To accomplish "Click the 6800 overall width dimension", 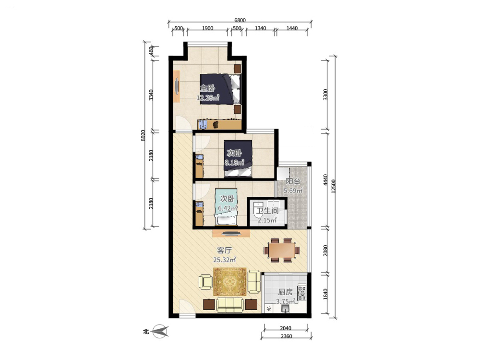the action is [x=240, y=20].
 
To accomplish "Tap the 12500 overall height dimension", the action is [x=334, y=186].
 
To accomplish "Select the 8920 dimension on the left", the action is [x=143, y=135].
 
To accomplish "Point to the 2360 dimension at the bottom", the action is [x=286, y=336].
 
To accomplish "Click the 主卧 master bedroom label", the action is [x=207, y=88].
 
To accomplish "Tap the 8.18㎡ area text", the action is [x=234, y=163].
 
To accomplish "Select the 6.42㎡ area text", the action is [x=228, y=208].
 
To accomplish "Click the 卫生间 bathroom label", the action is [x=267, y=211].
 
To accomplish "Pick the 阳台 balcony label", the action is [x=293, y=181].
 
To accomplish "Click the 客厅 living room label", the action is [x=224, y=251].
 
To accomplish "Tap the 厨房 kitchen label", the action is [x=285, y=292].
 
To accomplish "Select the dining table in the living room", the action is [x=282, y=251].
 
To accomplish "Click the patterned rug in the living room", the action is [x=230, y=282].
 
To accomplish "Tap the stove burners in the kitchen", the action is [x=302, y=293].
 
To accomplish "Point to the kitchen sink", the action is [x=286, y=308].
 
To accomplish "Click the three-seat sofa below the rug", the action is [x=230, y=305].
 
